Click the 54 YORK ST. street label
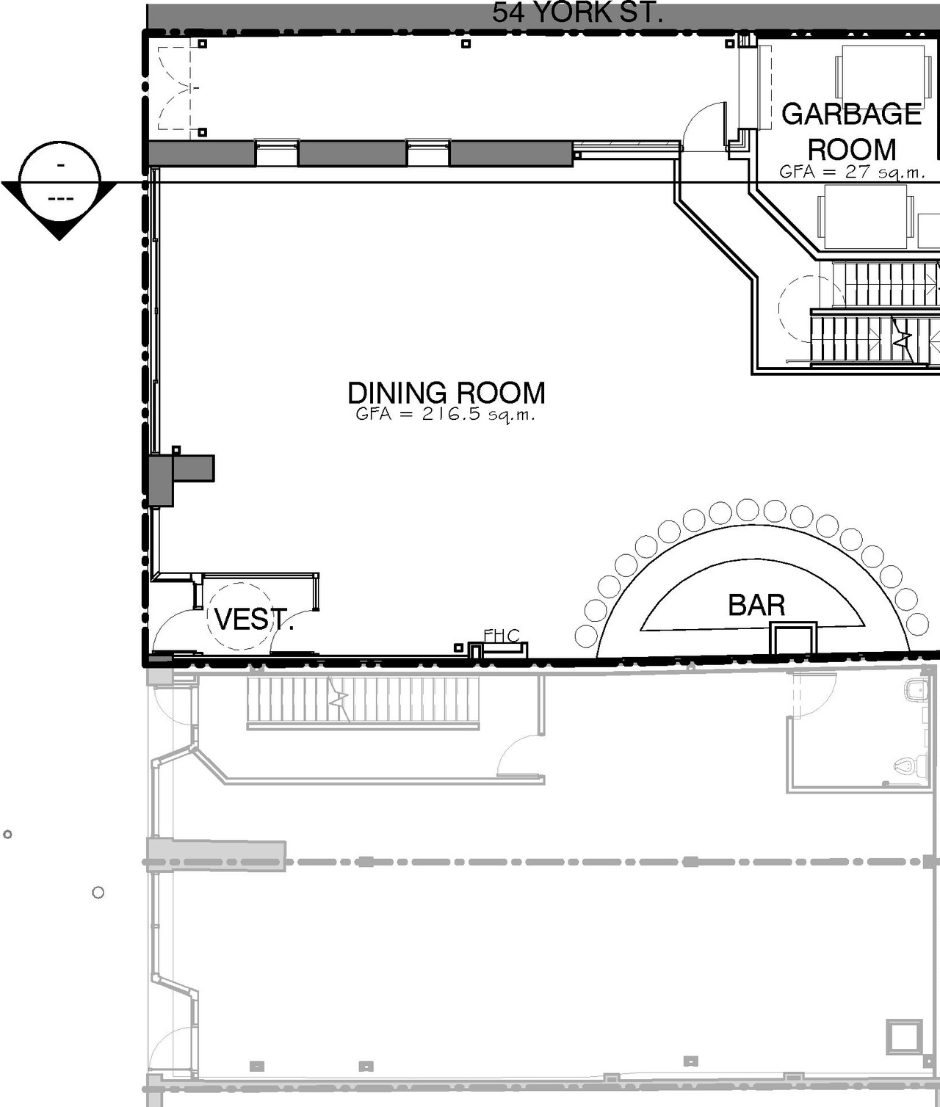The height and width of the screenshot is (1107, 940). pyautogui.click(x=577, y=13)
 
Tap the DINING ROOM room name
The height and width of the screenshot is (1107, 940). pyautogui.click(x=446, y=393)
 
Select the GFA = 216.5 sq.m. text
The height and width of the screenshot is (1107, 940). pyautogui.click(x=445, y=414)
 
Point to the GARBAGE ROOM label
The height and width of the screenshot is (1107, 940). pyautogui.click(x=851, y=131)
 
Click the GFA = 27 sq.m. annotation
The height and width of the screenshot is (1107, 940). pyautogui.click(x=851, y=172)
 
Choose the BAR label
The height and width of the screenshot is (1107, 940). pyautogui.click(x=756, y=605)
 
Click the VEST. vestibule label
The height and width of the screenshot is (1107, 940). pyautogui.click(x=253, y=620)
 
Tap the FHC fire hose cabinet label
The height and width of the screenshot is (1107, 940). pyautogui.click(x=502, y=636)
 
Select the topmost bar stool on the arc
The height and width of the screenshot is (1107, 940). pyautogui.click(x=748, y=509)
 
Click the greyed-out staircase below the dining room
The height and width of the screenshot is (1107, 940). pyautogui.click(x=363, y=701)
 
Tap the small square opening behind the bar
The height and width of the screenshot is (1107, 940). pyautogui.click(x=793, y=639)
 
